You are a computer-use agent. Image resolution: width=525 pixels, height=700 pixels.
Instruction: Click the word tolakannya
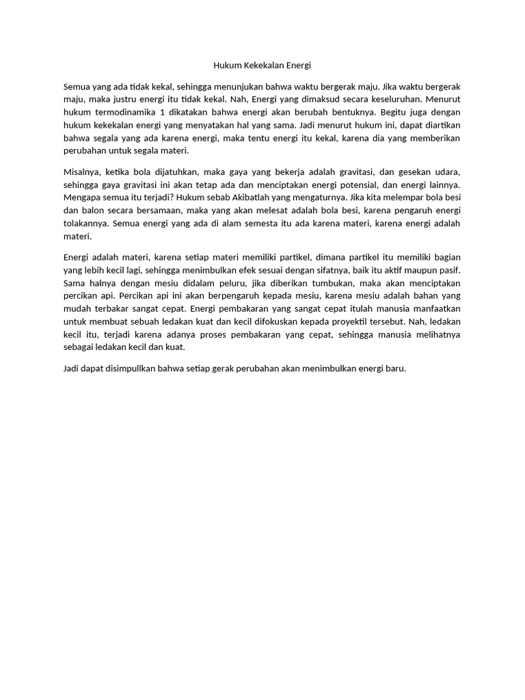(x=85, y=223)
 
